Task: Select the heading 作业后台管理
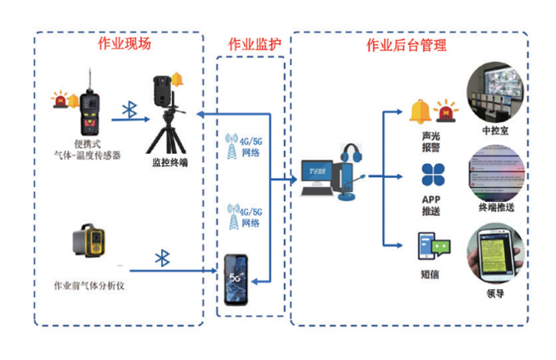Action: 407,44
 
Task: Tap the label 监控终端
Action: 169,162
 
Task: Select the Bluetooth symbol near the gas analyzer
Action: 163,258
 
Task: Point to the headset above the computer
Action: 352,155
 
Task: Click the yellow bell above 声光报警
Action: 418,111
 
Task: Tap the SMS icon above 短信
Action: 433,245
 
